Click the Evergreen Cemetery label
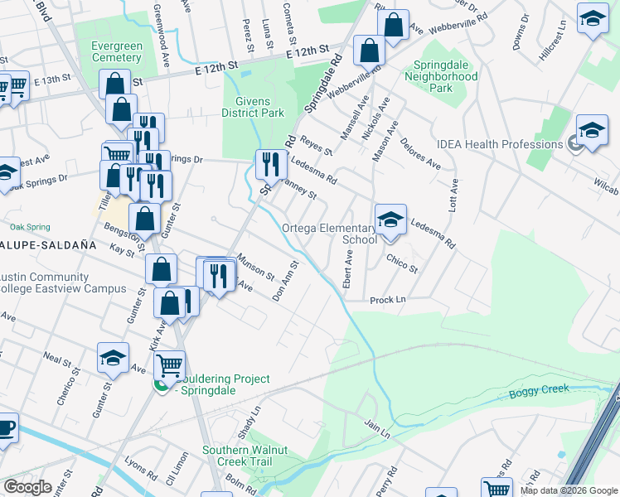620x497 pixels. (x=106, y=52)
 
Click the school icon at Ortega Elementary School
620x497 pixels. (x=390, y=220)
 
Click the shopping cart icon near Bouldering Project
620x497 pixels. (x=169, y=364)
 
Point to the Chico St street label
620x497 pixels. (x=402, y=263)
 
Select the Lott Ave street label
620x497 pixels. (x=453, y=196)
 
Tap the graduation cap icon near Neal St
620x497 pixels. (x=113, y=358)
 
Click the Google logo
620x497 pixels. (x=27, y=487)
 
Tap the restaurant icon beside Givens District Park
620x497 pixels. (x=269, y=164)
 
